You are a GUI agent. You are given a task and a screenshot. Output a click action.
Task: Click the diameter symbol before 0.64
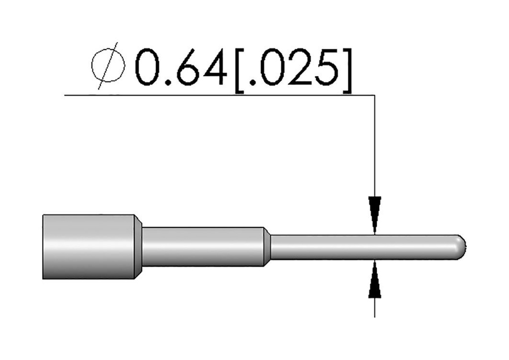[108, 66]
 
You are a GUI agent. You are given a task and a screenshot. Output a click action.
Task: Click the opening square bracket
[240, 71]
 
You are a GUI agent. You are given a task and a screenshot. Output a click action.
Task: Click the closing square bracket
[347, 71]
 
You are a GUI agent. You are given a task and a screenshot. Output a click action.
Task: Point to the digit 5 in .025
[327, 67]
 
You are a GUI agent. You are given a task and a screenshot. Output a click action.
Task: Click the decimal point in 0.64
[169, 83]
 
